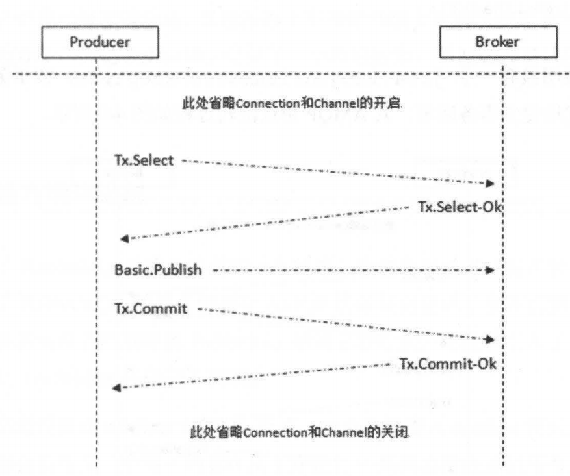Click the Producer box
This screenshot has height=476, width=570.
(x=96, y=44)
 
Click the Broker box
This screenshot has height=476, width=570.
(x=502, y=44)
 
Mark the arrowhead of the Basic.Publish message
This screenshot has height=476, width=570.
(x=492, y=269)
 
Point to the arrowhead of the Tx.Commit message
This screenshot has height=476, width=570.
(x=492, y=339)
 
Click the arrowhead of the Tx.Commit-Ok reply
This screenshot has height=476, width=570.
(x=116, y=388)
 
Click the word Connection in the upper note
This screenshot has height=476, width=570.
(x=255, y=104)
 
